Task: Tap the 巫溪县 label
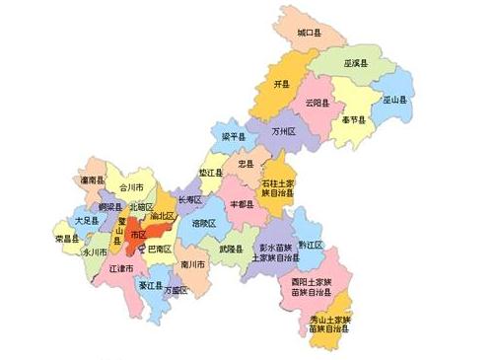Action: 356,63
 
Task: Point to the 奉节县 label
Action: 353,119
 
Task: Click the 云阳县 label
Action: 318,102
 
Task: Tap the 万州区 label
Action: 285,130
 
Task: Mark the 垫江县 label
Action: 211,172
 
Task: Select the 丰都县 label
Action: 242,203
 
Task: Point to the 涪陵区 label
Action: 204,224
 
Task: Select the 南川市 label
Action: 193,264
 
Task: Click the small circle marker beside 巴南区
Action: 142,251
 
